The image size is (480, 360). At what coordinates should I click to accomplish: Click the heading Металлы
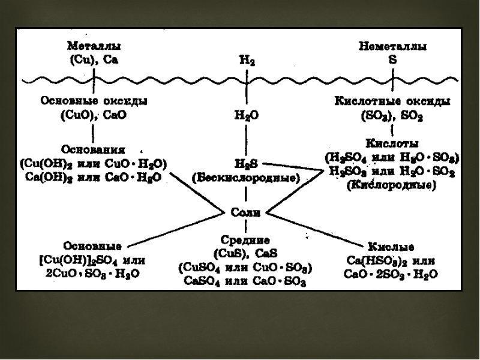[x=94, y=46]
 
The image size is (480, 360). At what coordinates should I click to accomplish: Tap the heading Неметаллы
[x=392, y=46]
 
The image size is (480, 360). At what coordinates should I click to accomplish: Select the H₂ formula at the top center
[x=247, y=61]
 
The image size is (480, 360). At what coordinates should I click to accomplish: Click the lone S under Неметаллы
[x=392, y=59]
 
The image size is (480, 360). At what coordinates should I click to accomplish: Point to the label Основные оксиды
[x=94, y=101]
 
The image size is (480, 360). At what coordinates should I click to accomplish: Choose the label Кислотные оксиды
[x=392, y=101]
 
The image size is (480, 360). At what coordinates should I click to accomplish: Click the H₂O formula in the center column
[x=247, y=115]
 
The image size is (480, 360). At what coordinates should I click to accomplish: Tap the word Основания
[x=93, y=149]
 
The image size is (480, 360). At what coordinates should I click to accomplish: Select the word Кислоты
[x=392, y=143]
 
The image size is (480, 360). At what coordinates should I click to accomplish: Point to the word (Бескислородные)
[x=246, y=178]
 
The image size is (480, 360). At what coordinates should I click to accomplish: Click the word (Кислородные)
[x=392, y=185]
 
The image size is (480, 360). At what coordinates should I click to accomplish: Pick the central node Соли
[x=245, y=212]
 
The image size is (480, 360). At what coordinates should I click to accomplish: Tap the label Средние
[x=245, y=239]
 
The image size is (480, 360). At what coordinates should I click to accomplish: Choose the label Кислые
[x=391, y=247]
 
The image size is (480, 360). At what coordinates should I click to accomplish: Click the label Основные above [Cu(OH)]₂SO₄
[x=92, y=246]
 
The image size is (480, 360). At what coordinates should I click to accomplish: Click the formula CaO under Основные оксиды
[x=115, y=115]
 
